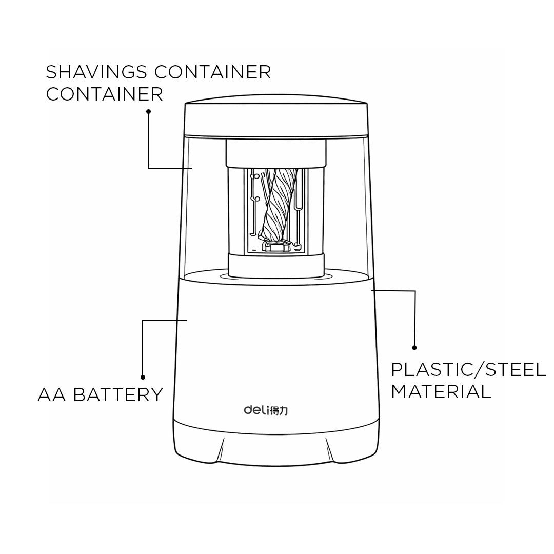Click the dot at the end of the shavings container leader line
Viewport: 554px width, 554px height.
[x=149, y=112]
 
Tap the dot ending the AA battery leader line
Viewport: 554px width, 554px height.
[x=143, y=378]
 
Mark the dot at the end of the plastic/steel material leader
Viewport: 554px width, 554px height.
[x=414, y=348]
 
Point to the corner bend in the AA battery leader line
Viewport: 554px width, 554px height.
[x=143, y=321]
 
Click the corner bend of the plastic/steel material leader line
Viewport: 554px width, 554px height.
[x=415, y=291]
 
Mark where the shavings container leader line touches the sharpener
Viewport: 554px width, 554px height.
[x=192, y=168]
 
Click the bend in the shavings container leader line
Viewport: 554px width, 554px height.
[x=148, y=168]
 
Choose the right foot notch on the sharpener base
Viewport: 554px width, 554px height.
[x=330, y=450]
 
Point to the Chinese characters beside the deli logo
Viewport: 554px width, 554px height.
[x=279, y=410]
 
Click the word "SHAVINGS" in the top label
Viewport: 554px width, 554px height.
[x=96, y=72]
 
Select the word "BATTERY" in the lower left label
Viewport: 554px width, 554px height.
[x=118, y=394]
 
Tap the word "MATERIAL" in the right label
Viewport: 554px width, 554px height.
[x=441, y=391]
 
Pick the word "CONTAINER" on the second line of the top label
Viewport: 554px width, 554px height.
[x=105, y=94]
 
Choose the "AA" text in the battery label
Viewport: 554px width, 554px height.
[x=52, y=394]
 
